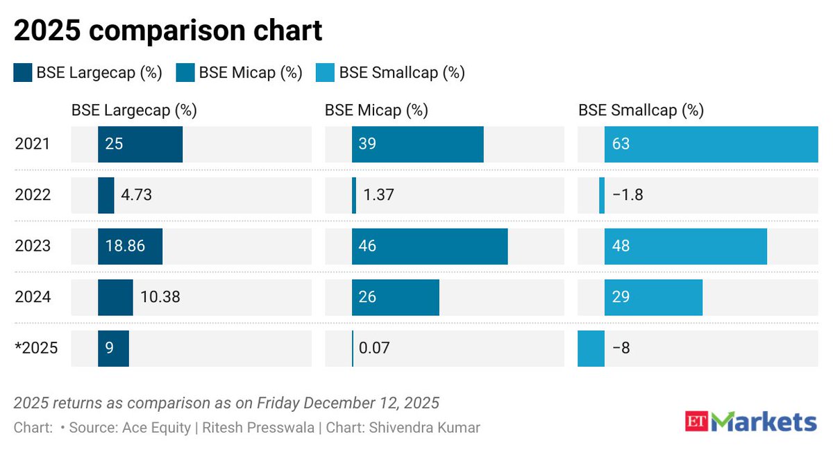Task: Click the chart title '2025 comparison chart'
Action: (x=168, y=31)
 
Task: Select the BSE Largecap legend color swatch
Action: (x=22, y=73)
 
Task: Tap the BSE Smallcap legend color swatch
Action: (x=325, y=73)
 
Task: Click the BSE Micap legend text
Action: (x=251, y=73)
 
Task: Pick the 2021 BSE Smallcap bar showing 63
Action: (x=711, y=144)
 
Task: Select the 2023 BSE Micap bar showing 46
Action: (x=430, y=247)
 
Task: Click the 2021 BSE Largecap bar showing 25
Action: (x=140, y=144)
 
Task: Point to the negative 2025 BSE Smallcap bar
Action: (x=591, y=349)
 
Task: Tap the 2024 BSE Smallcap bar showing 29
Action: (x=653, y=297)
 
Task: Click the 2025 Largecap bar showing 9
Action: (x=113, y=349)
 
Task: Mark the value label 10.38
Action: (x=160, y=297)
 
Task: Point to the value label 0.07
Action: (x=374, y=349)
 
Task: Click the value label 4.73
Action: (x=136, y=195)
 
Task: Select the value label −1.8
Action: (x=628, y=195)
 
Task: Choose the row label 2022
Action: (x=33, y=195)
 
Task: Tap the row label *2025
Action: (x=36, y=349)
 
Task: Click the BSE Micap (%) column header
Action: (x=376, y=110)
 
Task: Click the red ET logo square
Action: (x=696, y=422)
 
